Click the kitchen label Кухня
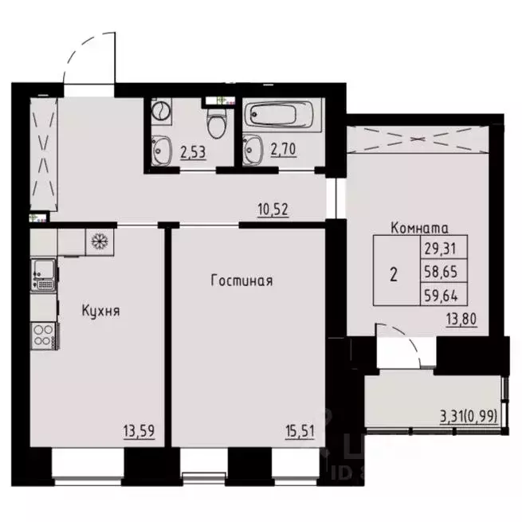pos(100,310)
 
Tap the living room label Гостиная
pos(242,281)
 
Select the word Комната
pos(420,228)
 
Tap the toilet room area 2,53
pos(194,151)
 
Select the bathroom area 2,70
pos(283,151)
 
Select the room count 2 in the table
pos(394,275)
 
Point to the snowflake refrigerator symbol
pos(100,241)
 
